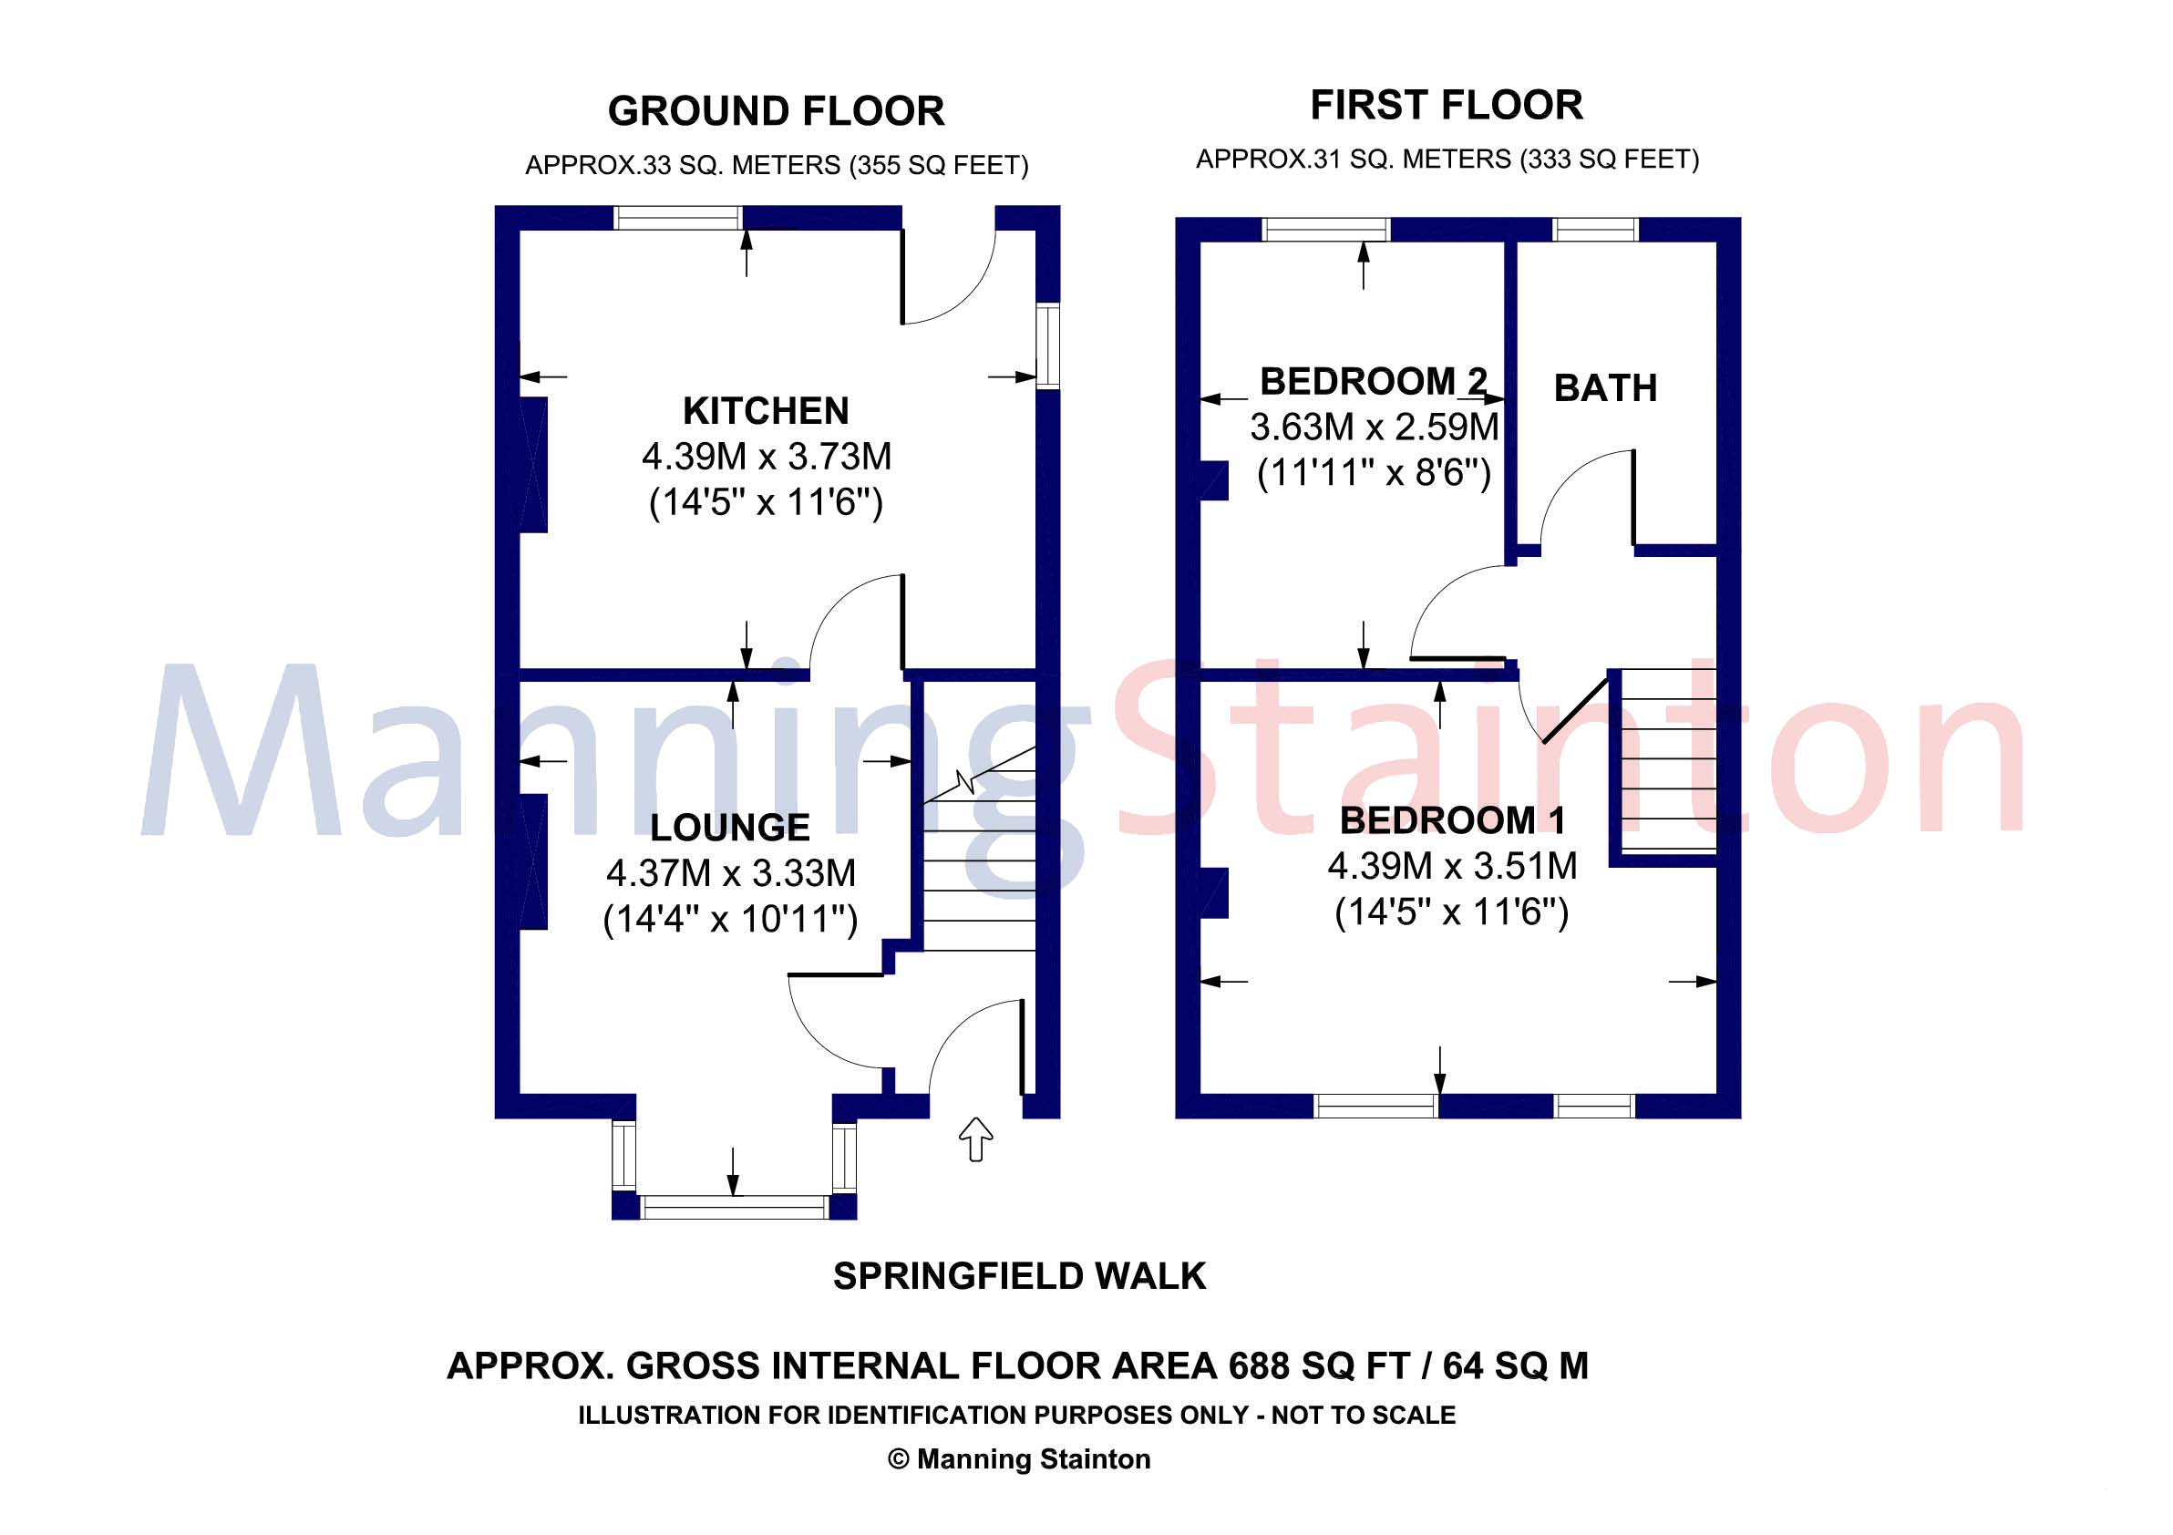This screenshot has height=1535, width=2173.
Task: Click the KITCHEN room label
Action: [x=766, y=411]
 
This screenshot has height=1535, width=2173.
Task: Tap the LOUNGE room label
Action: [x=730, y=827]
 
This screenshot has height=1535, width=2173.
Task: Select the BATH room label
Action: [x=1605, y=388]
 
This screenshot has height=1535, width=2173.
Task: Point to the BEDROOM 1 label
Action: [x=1453, y=819]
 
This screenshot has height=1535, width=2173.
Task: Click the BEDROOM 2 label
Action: [x=1374, y=381]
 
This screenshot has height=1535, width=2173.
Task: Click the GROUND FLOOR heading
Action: [x=775, y=112]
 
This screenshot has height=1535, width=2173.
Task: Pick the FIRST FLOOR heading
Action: [x=1447, y=105]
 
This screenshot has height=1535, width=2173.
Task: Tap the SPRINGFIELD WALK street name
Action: [x=1019, y=1277]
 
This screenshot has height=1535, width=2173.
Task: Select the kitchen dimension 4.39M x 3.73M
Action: [x=767, y=457]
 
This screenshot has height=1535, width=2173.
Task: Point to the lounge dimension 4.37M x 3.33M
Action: [x=731, y=872]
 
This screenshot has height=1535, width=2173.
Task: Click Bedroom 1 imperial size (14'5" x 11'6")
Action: [x=1452, y=912]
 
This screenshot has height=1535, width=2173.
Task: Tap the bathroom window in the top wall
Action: [x=1596, y=229]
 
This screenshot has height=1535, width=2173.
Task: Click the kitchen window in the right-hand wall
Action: [x=1046, y=345]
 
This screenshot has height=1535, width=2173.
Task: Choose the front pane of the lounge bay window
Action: [x=734, y=1207]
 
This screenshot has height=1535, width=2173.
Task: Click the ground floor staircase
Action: [x=979, y=861]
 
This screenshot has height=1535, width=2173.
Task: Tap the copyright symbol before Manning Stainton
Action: [x=898, y=1459]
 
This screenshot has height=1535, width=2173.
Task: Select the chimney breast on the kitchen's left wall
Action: [x=534, y=465]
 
